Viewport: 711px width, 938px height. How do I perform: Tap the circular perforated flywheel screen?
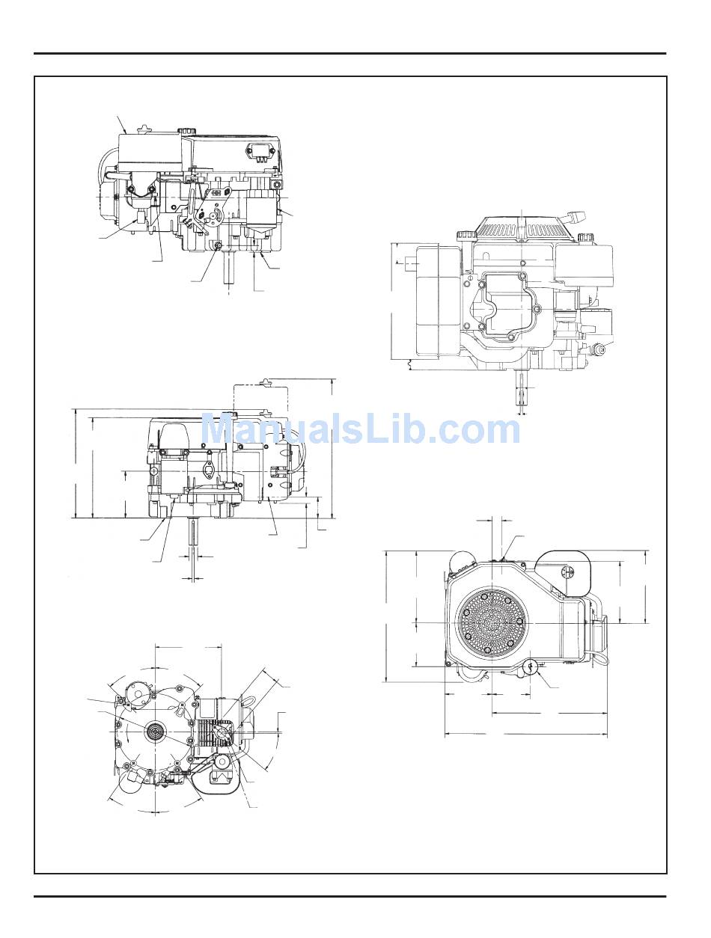pyautogui.click(x=492, y=623)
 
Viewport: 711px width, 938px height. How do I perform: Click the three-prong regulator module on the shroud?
pyautogui.click(x=256, y=152)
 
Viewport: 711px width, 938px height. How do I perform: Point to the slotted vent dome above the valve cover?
pyautogui.click(x=522, y=229)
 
